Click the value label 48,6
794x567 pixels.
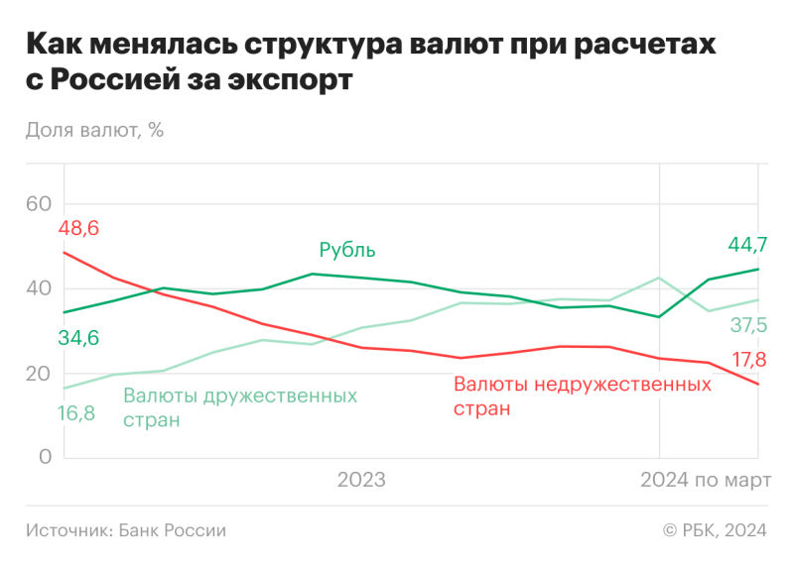pos(79,229)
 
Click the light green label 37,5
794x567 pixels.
pos(748,325)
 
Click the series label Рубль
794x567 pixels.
pos(347,250)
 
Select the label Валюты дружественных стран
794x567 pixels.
pos(239,406)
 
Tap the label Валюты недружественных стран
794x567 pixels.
pos(582,395)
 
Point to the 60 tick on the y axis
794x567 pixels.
pos(39,204)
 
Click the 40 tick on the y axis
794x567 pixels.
pos(39,288)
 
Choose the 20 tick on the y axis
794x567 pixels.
pos(39,374)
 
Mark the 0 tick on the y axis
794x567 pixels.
pos(46,458)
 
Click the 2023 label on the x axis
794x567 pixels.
pos(361,482)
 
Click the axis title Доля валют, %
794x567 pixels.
pos(94,130)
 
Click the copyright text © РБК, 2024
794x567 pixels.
pos(715,530)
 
